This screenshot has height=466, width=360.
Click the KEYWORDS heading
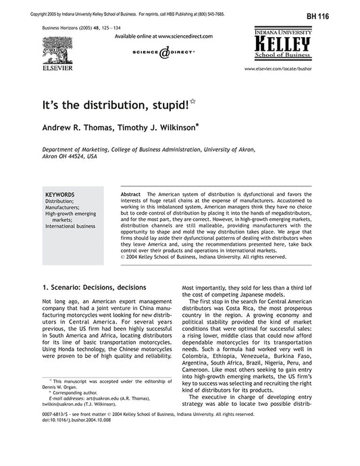click(x=60, y=194)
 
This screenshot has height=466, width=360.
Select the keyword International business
click(x=70, y=226)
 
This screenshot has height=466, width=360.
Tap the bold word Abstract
click(x=130, y=194)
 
